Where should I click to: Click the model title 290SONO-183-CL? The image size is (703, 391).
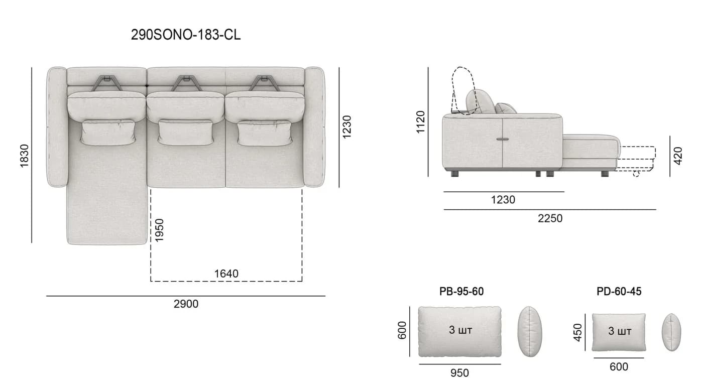(186, 35)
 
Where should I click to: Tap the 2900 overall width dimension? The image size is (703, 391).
(186, 304)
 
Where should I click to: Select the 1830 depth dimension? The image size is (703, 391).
(24, 156)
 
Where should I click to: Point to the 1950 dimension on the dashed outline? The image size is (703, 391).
(160, 230)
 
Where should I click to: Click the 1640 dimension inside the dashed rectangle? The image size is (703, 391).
(226, 274)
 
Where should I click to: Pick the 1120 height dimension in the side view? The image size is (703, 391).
(420, 122)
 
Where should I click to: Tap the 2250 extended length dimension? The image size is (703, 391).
(550, 218)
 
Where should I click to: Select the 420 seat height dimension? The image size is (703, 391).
(678, 156)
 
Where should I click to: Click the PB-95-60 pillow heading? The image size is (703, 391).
(461, 292)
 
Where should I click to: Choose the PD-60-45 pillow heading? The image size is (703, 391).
(619, 292)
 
